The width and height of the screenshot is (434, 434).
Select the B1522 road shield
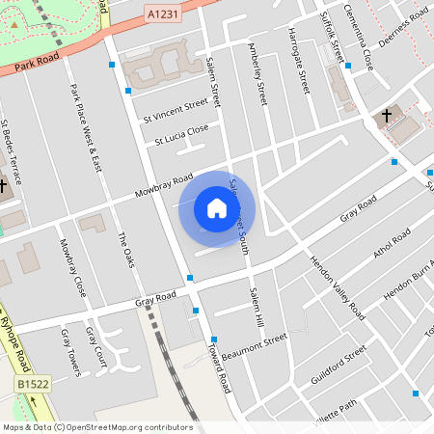click(33, 385)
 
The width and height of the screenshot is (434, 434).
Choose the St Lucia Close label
click(181, 134)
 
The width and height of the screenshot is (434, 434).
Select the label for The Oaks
click(125, 250)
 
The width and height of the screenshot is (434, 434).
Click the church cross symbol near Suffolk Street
click(387, 116)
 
